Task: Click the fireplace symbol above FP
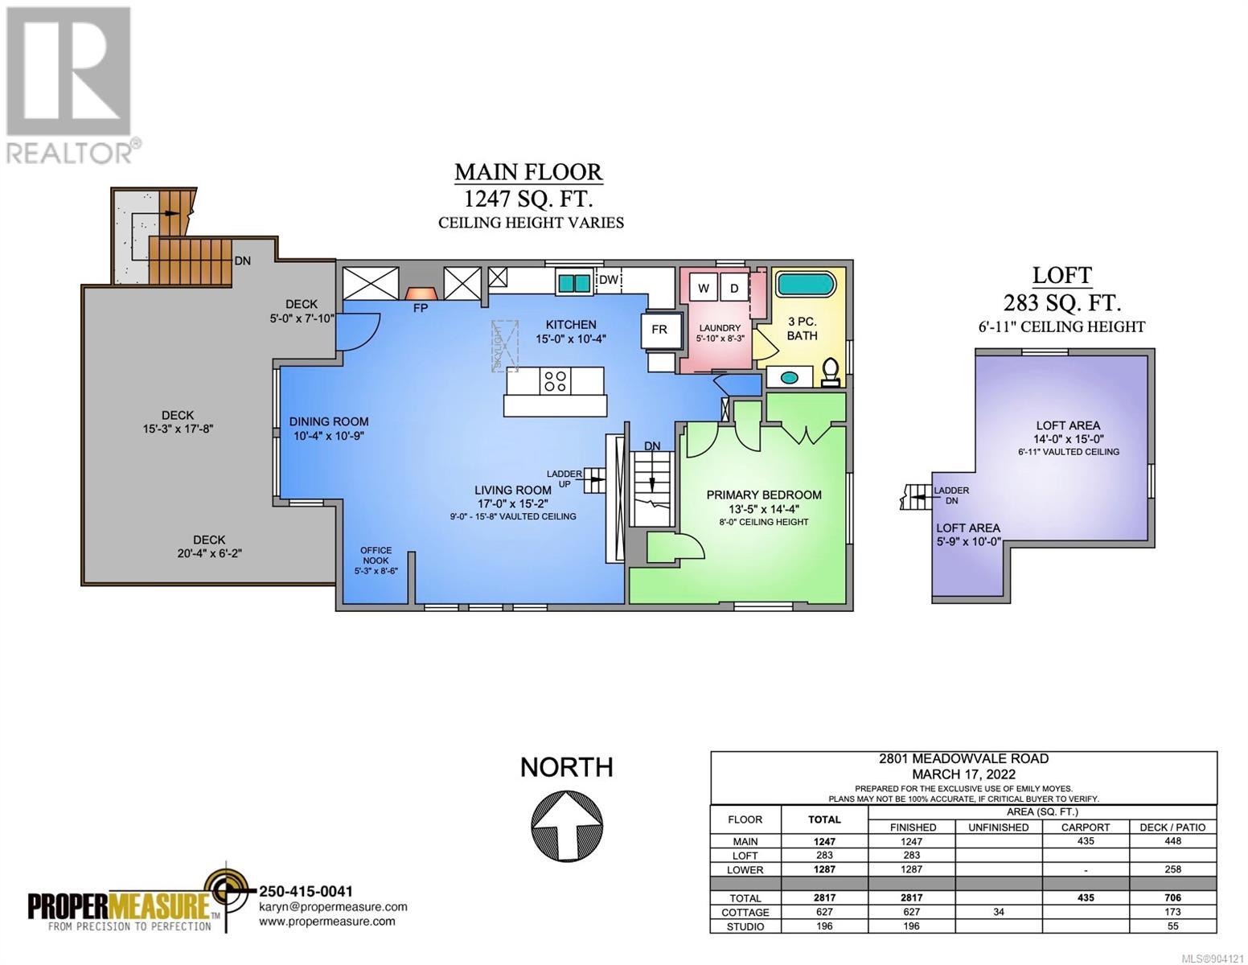[421, 293]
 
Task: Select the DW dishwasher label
[608, 280]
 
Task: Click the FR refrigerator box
[659, 329]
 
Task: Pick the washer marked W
[703, 288]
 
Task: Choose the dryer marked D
[734, 288]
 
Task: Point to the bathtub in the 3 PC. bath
[805, 284]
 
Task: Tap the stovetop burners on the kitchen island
[555, 380]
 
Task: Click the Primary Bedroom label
[763, 495]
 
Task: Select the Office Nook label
[376, 555]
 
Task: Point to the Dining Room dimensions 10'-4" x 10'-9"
[329, 436]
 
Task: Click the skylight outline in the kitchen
[505, 346]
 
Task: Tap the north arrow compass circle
[566, 825]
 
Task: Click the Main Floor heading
[528, 172]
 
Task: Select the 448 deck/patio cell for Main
[1172, 841]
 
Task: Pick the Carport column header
[1085, 827]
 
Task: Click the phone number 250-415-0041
[306, 892]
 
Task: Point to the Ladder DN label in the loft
[951, 495]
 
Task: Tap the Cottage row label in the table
[745, 912]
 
